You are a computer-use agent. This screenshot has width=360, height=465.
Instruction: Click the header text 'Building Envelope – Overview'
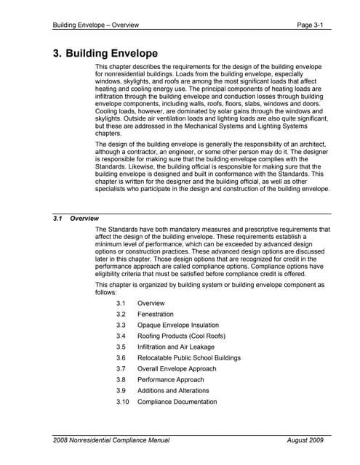click(x=96, y=25)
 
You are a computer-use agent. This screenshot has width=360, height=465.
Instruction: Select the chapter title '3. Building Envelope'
click(x=105, y=54)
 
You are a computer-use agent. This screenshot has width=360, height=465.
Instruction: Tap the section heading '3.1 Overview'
click(x=76, y=218)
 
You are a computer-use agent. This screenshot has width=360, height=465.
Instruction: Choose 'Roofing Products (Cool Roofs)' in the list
click(x=181, y=336)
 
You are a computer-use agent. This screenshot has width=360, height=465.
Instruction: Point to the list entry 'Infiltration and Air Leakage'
click(x=175, y=347)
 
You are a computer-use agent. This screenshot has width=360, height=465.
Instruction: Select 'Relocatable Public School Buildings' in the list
click(x=188, y=357)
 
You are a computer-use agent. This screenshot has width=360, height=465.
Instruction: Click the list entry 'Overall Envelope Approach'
click(x=177, y=368)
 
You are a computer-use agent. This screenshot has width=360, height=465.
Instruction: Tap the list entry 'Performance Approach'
click(x=170, y=379)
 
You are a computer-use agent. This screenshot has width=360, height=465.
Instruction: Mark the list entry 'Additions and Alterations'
click(x=174, y=390)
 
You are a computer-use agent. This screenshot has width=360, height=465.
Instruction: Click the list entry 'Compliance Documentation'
click(x=177, y=402)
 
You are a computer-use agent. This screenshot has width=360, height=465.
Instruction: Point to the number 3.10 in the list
click(x=123, y=402)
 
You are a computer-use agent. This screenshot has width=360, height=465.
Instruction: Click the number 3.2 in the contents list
click(x=121, y=314)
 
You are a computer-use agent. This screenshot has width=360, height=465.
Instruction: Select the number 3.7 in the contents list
click(x=121, y=368)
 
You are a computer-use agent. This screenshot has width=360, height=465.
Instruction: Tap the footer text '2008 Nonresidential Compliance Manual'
click(x=111, y=440)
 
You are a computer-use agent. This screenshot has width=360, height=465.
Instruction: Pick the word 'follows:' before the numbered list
click(x=109, y=291)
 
